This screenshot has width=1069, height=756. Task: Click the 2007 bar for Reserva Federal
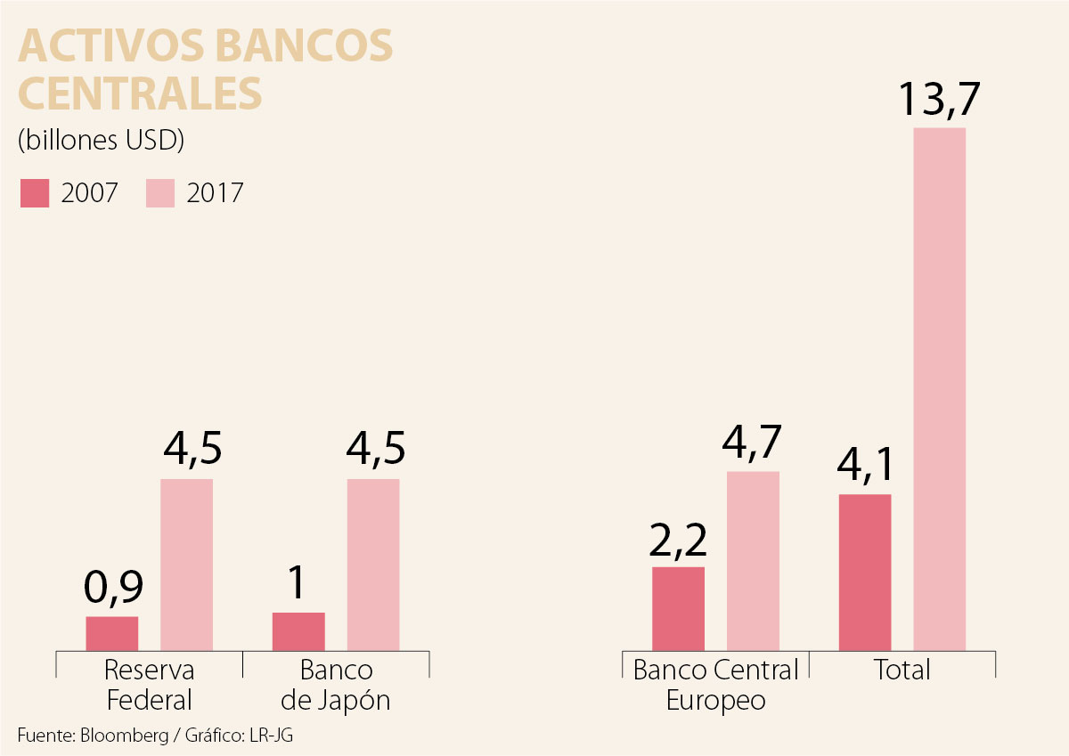coord(112,633)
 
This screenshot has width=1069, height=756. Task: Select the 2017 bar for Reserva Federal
coord(187,565)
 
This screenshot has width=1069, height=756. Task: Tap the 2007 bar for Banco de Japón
coord(298,631)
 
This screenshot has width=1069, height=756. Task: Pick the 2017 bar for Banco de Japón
coord(373,565)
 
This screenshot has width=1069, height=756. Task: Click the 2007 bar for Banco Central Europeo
coord(678,608)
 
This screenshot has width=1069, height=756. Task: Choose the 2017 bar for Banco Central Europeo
coord(753,561)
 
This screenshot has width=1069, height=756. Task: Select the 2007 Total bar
coord(865,572)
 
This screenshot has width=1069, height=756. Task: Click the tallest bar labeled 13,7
coord(940,389)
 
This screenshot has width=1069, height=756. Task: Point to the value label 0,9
coord(113,588)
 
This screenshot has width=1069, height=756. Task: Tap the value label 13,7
coord(939,99)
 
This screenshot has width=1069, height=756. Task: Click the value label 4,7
coord(753,443)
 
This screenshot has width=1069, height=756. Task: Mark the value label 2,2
coord(678,539)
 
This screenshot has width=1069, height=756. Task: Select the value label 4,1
coord(865,466)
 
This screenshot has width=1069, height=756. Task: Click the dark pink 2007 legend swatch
coord(35,193)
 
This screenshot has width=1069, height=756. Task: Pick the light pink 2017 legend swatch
coord(160,193)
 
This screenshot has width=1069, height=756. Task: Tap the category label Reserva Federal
coord(149,685)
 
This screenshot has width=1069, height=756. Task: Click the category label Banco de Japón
coord(336,685)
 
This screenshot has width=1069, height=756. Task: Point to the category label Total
coord(902,670)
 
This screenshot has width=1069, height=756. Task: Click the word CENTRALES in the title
coord(140,93)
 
